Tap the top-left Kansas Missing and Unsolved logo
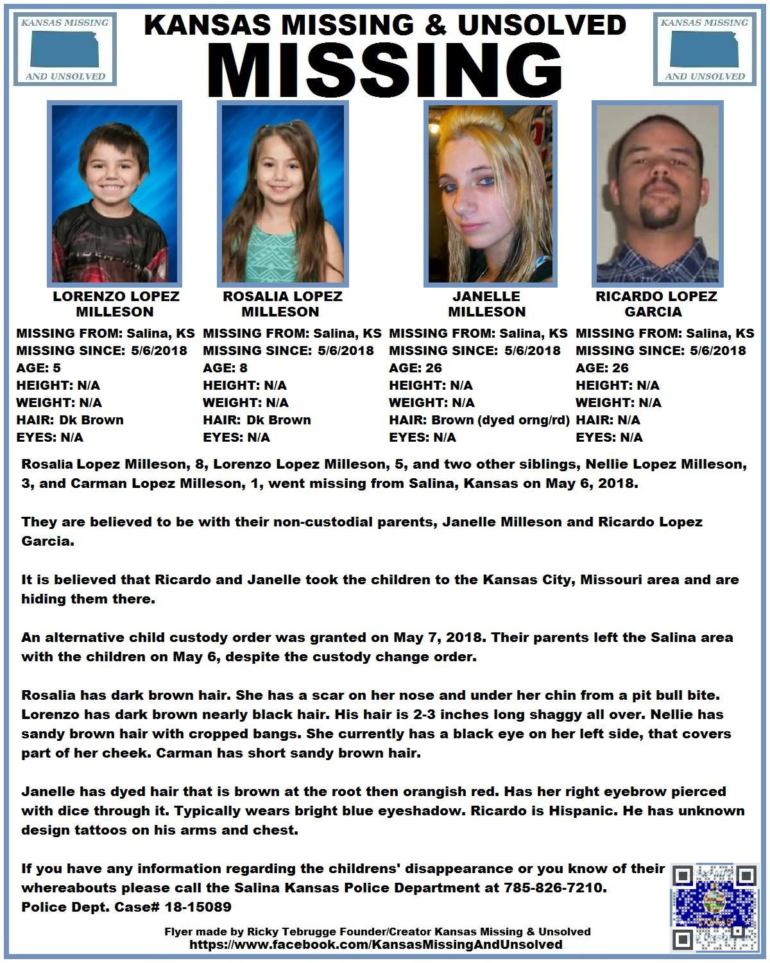point(64,49)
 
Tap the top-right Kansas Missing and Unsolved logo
point(704,49)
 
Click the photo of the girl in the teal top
point(282,194)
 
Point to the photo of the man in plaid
point(657,194)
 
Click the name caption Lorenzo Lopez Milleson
point(116,304)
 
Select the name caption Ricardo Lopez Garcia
point(656,304)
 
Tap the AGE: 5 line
point(38,368)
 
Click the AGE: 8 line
point(225,368)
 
